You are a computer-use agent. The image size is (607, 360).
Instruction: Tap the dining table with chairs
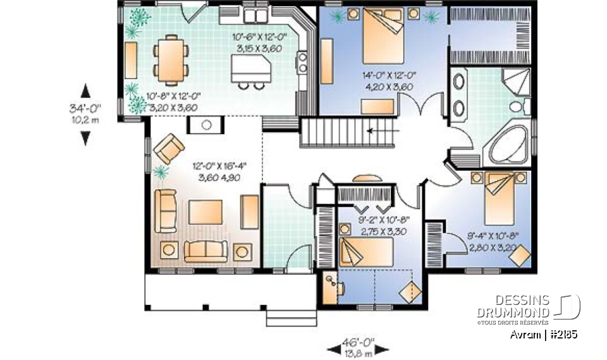click(172, 59)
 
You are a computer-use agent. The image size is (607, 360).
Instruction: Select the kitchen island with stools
click(249, 68)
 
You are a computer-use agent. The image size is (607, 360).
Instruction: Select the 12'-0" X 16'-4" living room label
click(218, 173)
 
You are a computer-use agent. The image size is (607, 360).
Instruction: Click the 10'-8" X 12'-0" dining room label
click(173, 102)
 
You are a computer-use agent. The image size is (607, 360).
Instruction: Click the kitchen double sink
click(255, 15)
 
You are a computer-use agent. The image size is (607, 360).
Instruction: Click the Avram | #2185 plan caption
click(543, 335)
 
